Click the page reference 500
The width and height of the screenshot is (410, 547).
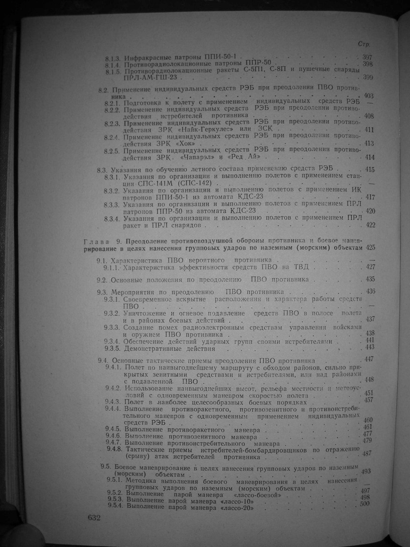pyautogui.click(x=366, y=504)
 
